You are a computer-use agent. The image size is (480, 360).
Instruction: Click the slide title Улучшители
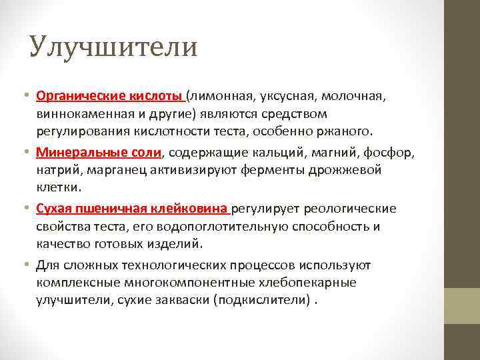coord(113,48)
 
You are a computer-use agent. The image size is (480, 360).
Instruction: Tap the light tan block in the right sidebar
coord(462,305)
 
